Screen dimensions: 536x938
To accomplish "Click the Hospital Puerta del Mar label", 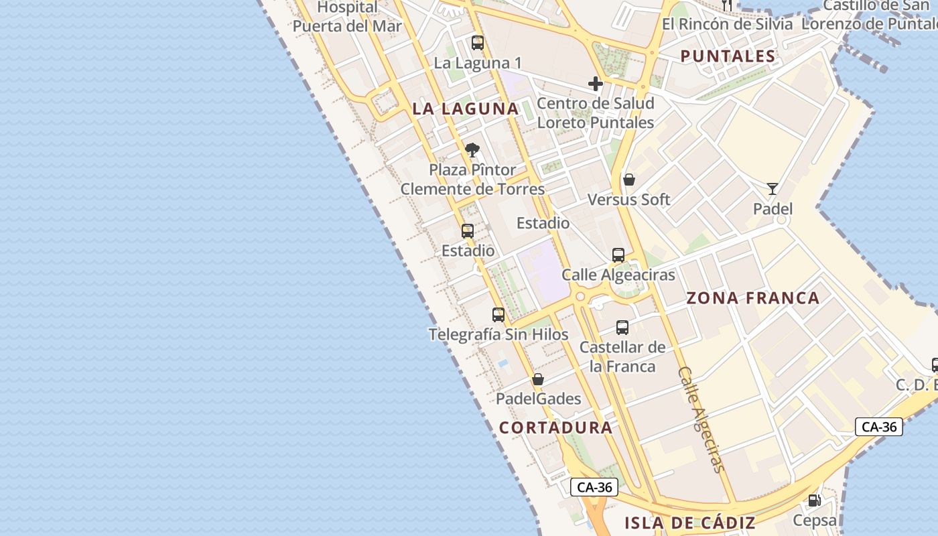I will click(347, 17).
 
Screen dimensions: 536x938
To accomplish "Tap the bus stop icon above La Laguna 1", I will click(478, 43).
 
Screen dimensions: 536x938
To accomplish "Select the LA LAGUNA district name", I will click(466, 109).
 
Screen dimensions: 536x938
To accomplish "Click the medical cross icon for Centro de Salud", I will click(595, 84).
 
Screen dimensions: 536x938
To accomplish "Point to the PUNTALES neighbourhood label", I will click(728, 56).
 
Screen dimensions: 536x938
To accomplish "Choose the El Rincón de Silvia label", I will click(727, 24).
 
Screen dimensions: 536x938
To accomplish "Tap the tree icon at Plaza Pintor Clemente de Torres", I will click(472, 150).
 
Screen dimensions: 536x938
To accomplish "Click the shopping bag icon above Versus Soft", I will click(629, 180).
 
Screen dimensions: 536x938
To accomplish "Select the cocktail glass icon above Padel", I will click(773, 189).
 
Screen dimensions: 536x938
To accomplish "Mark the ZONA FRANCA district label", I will click(753, 298).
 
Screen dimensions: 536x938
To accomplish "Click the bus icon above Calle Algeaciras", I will click(618, 255).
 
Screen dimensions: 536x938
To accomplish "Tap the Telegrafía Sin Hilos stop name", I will click(498, 334).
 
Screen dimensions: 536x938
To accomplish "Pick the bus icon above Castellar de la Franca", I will click(622, 328).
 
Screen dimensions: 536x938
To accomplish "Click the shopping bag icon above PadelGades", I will click(538, 380).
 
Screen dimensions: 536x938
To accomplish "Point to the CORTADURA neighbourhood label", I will click(555, 427).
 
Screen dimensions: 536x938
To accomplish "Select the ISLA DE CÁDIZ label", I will click(690, 523).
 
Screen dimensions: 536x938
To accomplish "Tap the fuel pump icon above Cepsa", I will click(815, 500).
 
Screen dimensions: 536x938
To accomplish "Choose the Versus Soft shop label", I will click(628, 200).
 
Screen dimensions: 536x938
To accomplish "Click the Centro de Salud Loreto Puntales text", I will click(596, 113).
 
